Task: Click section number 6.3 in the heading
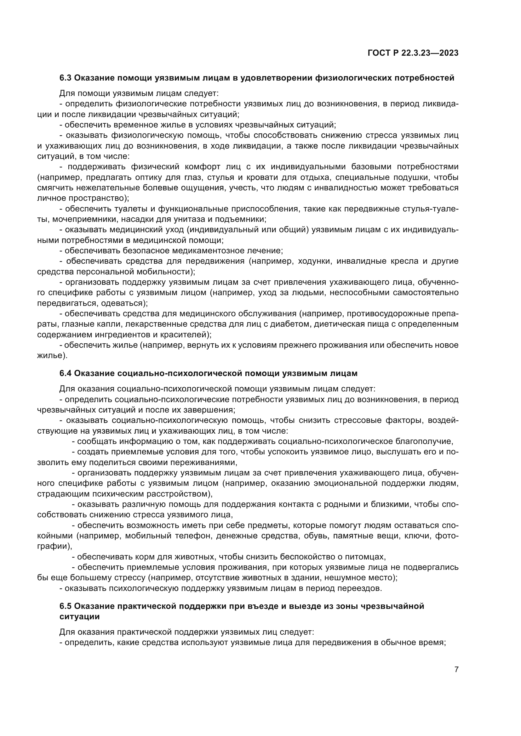(x=66, y=78)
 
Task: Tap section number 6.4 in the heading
(x=66, y=374)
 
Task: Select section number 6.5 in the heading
(x=66, y=606)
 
